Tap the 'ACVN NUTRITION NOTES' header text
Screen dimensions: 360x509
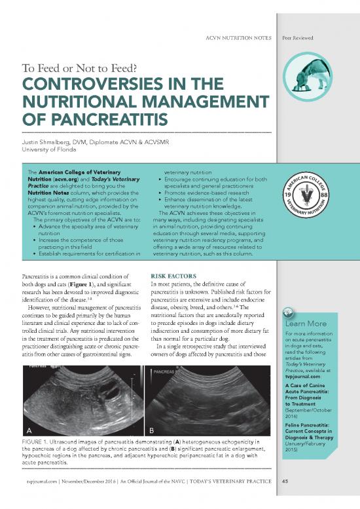click(238, 40)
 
